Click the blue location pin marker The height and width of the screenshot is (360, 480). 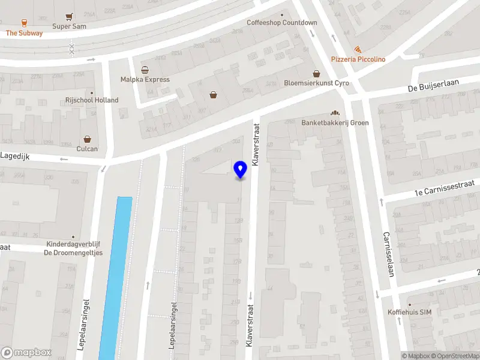[241, 170]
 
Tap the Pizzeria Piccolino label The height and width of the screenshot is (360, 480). [358, 59]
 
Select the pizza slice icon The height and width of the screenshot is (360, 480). [358, 49]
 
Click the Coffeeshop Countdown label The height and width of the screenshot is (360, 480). [282, 23]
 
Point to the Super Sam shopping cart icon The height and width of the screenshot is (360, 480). [70, 16]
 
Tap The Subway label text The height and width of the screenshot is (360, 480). [25, 33]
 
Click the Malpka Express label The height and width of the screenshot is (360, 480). [145, 79]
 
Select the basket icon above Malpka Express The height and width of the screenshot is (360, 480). [145, 70]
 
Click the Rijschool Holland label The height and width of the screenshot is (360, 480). [92, 100]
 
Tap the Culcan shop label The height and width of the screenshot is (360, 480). [88, 149]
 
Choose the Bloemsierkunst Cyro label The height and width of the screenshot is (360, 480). [316, 83]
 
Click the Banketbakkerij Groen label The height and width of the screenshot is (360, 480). [335, 123]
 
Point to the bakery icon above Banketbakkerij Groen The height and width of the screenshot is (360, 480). [335, 113]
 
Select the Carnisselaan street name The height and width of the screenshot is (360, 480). [388, 254]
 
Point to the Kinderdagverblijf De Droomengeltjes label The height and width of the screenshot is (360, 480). [74, 248]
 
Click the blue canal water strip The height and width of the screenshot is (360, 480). [115, 276]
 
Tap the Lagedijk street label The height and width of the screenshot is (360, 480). [15, 155]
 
